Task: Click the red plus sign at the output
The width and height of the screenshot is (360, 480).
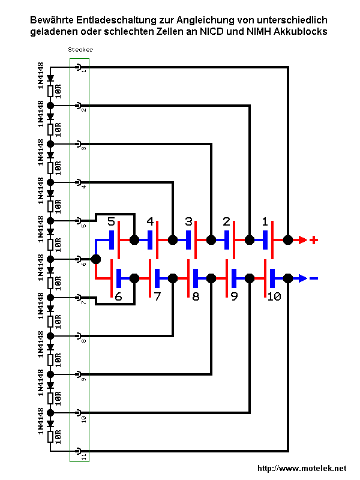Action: [313, 240]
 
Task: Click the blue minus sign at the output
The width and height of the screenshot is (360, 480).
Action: [313, 278]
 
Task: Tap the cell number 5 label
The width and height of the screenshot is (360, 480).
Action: [112, 222]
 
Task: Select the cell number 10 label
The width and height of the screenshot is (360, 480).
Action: [274, 296]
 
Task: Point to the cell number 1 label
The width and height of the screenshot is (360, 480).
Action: [265, 222]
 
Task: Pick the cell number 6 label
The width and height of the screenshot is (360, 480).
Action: [118, 296]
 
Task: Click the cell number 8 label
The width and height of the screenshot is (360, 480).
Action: [196, 296]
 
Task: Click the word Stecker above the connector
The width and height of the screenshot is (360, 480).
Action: [80, 50]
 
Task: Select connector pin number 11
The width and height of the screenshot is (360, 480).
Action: [78, 451]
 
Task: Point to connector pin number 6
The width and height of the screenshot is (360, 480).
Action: [78, 259]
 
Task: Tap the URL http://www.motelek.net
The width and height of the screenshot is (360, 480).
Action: [302, 468]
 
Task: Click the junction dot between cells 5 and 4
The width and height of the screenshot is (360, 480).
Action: [134, 240]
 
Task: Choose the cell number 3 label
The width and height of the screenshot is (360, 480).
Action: [188, 222]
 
